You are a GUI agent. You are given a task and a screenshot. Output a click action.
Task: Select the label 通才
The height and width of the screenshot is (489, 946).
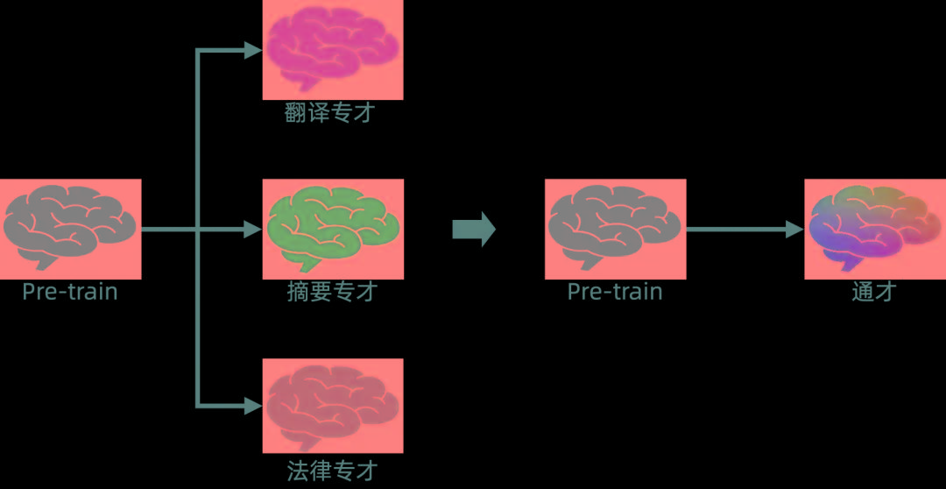(874, 292)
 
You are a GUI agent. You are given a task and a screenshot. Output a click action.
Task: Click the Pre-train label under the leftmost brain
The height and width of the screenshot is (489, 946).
(70, 292)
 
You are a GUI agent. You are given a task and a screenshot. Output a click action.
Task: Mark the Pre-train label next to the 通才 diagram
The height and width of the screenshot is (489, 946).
(615, 292)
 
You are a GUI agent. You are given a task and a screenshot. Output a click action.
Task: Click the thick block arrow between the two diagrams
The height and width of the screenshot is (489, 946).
(474, 230)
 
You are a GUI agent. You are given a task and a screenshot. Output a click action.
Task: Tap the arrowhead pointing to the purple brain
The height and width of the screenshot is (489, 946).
(253, 51)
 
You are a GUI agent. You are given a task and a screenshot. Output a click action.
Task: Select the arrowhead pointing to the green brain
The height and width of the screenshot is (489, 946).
(253, 230)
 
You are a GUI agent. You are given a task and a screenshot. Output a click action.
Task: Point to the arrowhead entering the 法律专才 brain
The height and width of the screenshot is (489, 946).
(253, 406)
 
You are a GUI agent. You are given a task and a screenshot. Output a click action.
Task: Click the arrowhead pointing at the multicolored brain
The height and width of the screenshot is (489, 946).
(794, 230)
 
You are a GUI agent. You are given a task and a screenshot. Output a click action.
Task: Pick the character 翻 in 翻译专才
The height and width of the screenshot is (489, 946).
(297, 113)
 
